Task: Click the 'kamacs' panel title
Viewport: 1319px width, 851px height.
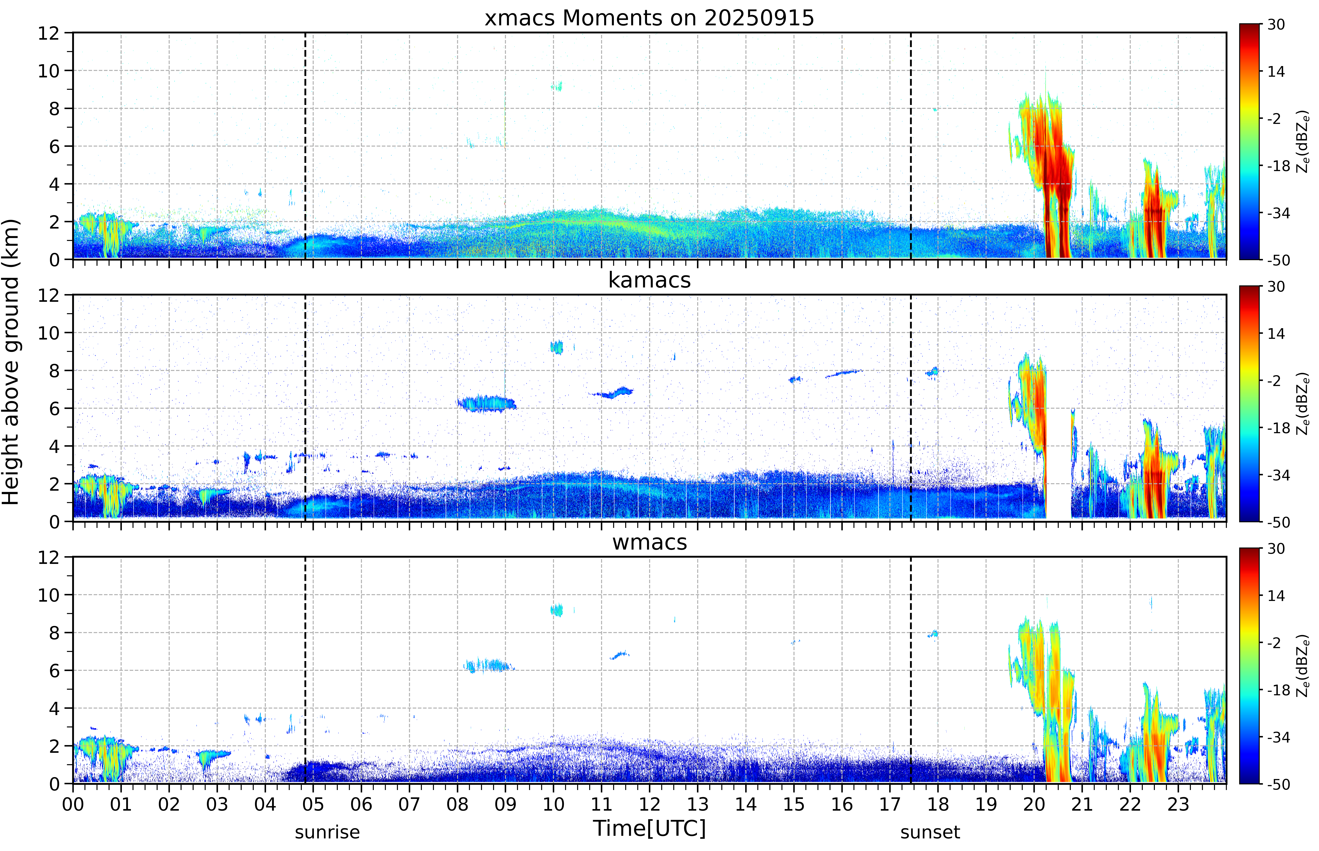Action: point(649,280)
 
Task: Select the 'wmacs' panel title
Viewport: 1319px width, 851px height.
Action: point(649,542)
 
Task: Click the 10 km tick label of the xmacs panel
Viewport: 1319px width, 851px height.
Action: point(49,71)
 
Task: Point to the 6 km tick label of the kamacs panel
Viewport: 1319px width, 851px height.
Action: point(54,408)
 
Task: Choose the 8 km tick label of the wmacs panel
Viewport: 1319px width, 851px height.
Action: point(54,633)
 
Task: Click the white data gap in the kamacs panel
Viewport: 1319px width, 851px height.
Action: point(1058,464)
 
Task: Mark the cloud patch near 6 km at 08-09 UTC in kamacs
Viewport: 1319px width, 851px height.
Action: point(486,403)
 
